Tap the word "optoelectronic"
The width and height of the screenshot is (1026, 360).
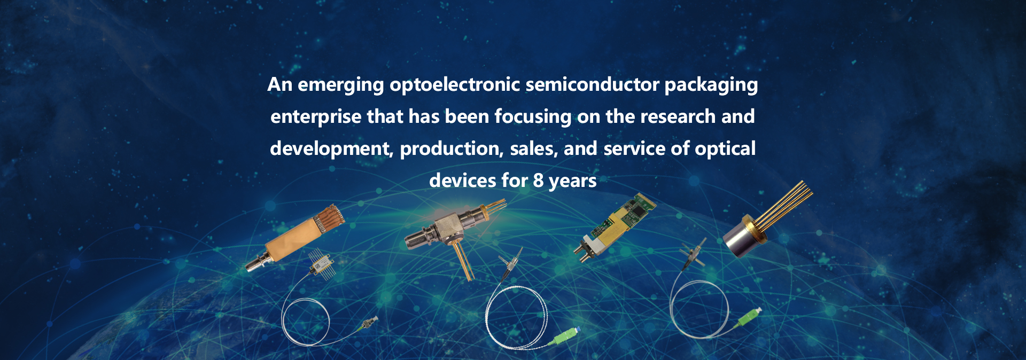(455, 84)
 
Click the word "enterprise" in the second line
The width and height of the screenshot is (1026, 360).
(316, 117)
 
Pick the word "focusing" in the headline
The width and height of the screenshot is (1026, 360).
(533, 117)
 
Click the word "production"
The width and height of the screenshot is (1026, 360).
(452, 149)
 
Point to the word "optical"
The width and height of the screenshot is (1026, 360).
(725, 149)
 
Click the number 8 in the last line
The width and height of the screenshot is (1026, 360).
(538, 181)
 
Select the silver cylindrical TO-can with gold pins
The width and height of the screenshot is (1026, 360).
(745, 236)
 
